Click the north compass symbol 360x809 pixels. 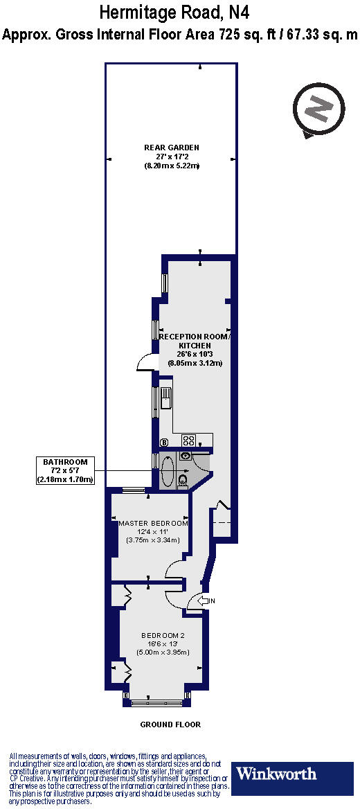(323, 111)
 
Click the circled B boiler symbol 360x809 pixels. (165, 442)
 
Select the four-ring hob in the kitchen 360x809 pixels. (189, 441)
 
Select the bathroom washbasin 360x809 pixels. (187, 455)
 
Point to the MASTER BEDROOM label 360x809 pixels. (153, 523)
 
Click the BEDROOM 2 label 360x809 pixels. (163, 634)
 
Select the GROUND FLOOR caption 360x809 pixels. (170, 724)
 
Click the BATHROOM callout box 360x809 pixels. (66, 470)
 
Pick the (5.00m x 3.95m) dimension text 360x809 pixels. (163, 652)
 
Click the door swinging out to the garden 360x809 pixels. (146, 362)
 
